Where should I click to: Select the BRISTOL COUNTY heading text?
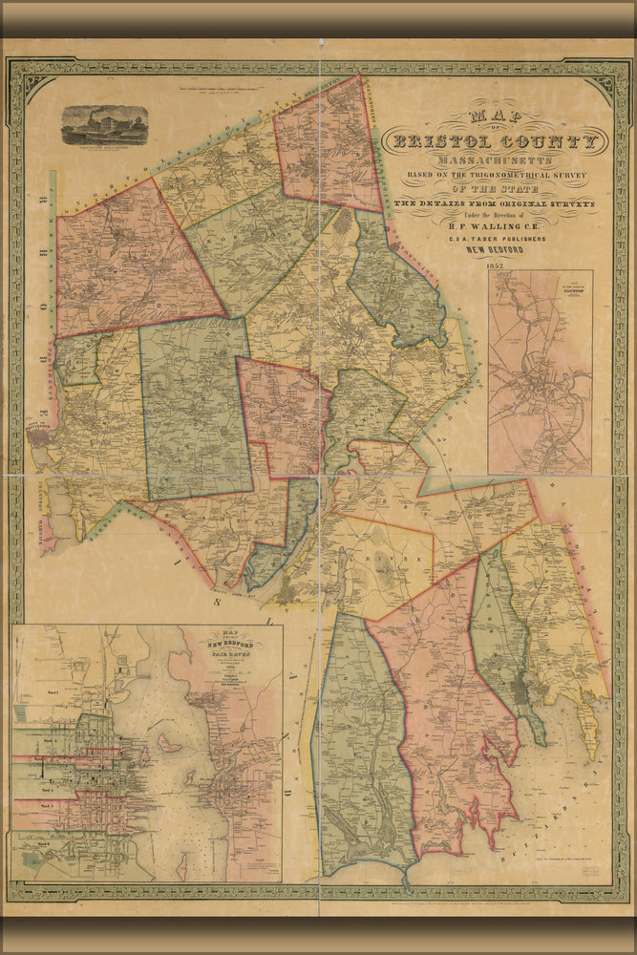493,142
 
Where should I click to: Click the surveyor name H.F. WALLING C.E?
493,227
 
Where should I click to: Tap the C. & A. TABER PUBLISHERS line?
493,241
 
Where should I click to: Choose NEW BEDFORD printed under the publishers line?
493,252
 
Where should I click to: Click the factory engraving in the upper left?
104,124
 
